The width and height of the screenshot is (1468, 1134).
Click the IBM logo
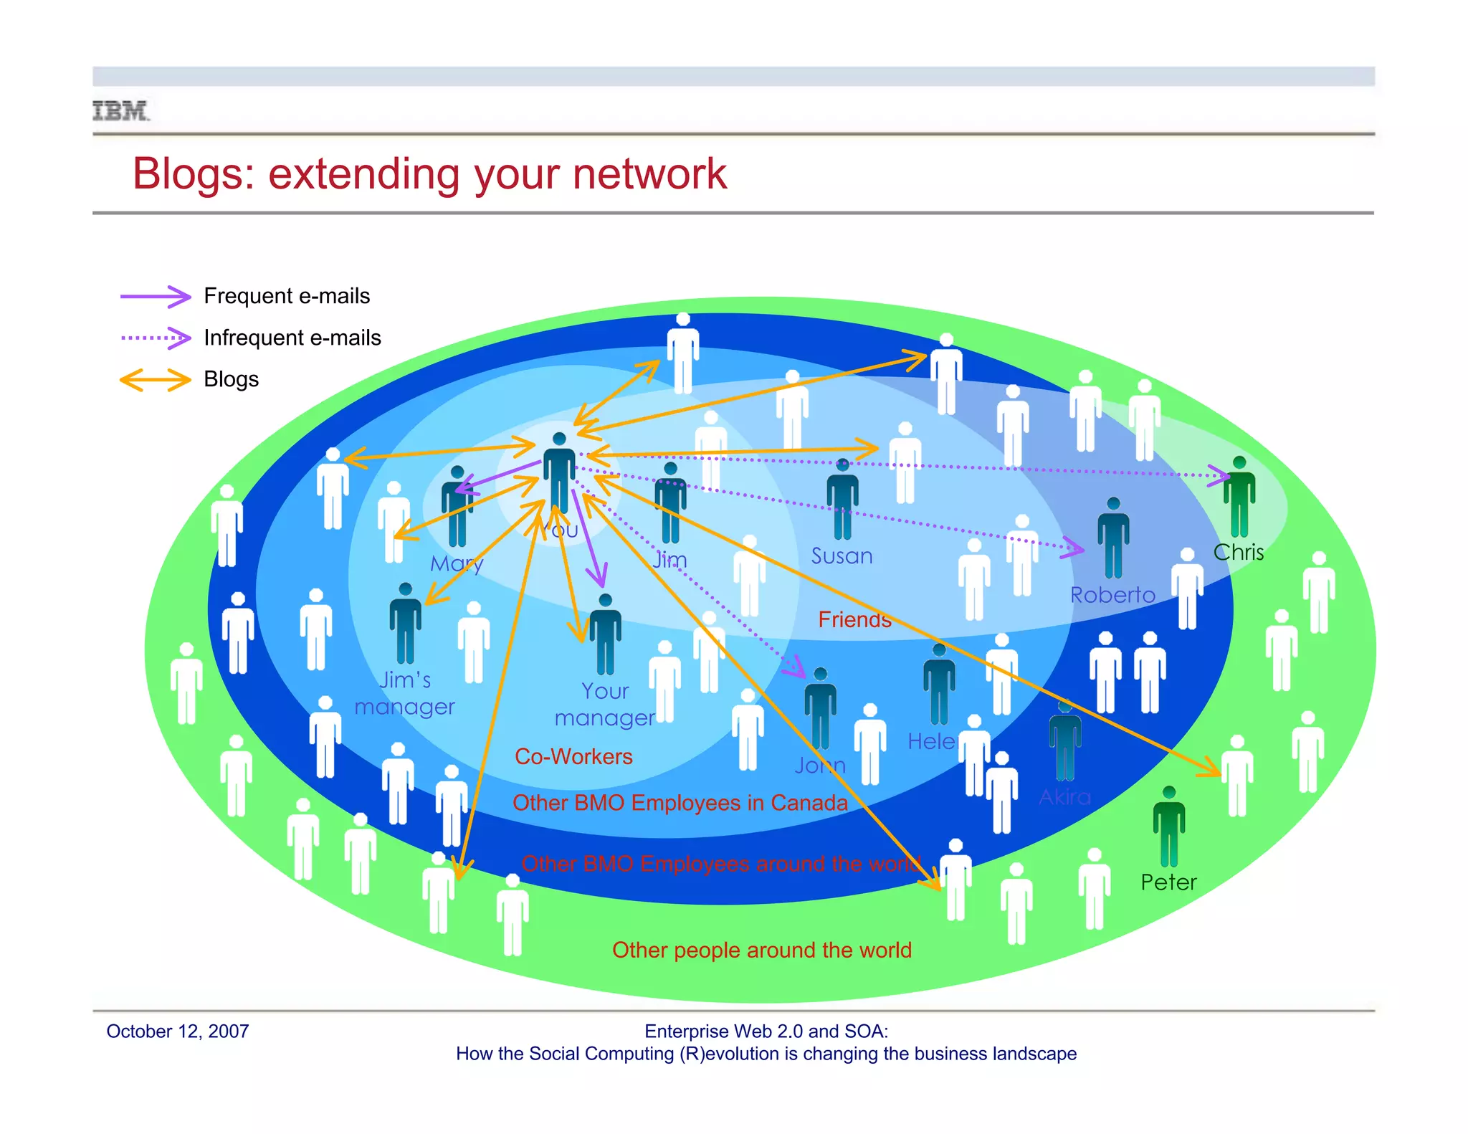[x=120, y=111]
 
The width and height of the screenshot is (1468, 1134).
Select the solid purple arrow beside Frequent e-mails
[x=156, y=296]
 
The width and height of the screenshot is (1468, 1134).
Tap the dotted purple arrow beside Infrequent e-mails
[x=156, y=338]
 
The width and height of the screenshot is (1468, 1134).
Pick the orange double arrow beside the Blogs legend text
[x=156, y=379]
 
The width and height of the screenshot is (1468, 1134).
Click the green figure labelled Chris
[x=1239, y=498]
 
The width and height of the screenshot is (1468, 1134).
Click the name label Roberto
[x=1112, y=595]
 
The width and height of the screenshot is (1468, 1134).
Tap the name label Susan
[x=842, y=556]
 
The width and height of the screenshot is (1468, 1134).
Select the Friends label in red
[x=854, y=619]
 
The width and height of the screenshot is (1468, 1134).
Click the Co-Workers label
[x=573, y=756]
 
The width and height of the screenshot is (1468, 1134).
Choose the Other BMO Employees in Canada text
[x=680, y=803]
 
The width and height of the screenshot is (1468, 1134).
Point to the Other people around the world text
[x=761, y=950]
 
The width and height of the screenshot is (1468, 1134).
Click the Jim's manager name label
[x=405, y=693]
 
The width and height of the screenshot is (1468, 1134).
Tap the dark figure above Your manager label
[x=605, y=634]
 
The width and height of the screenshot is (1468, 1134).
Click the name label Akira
[x=1064, y=797]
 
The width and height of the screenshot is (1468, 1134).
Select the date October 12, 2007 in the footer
[x=178, y=1031]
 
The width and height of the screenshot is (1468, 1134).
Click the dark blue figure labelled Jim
[x=670, y=504]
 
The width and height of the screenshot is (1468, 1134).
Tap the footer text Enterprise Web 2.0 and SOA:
[x=766, y=1031]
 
